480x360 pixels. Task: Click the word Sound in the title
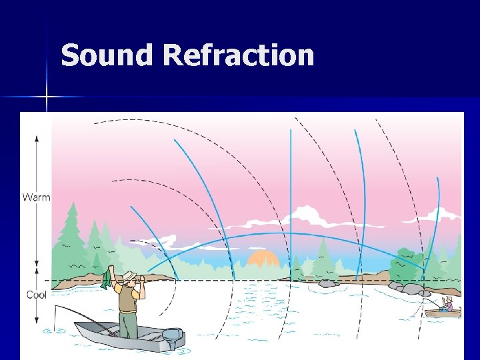(x=107, y=55)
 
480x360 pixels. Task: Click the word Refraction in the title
(x=237, y=55)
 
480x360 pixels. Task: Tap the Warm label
(x=37, y=197)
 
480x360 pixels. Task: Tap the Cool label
(x=36, y=295)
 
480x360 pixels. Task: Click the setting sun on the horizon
(x=263, y=260)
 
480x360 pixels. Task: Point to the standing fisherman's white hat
(x=129, y=276)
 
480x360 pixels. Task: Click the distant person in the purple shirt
(x=449, y=304)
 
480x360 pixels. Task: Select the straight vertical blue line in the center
(x=291, y=200)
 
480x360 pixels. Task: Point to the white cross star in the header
(x=47, y=97)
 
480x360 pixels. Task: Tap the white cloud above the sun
(x=307, y=217)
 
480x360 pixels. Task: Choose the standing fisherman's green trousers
(x=129, y=325)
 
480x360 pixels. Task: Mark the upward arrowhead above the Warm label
(x=37, y=138)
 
